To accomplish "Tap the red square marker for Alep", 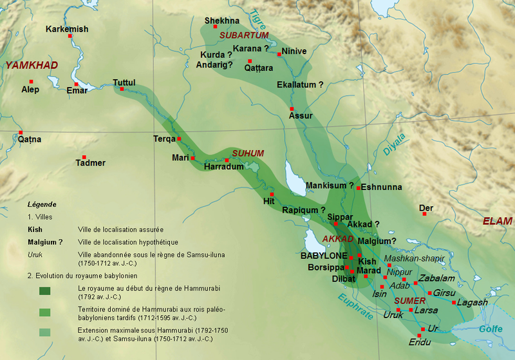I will click(30, 82).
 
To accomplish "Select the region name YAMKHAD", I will click(32, 65).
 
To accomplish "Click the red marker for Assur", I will click(292, 108).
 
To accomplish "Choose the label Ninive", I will click(294, 52).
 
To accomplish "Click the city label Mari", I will click(180, 158).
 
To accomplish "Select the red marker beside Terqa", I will click(180, 138).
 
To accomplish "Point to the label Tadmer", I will click(90, 163).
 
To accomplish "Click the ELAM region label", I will click(498, 221).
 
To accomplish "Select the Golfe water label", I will click(491, 329).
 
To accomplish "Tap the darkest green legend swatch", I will click(48, 290).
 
